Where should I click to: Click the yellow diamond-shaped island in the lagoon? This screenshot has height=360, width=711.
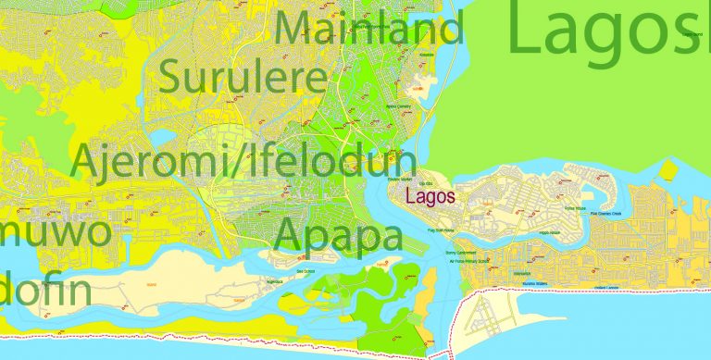coord(668,169)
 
